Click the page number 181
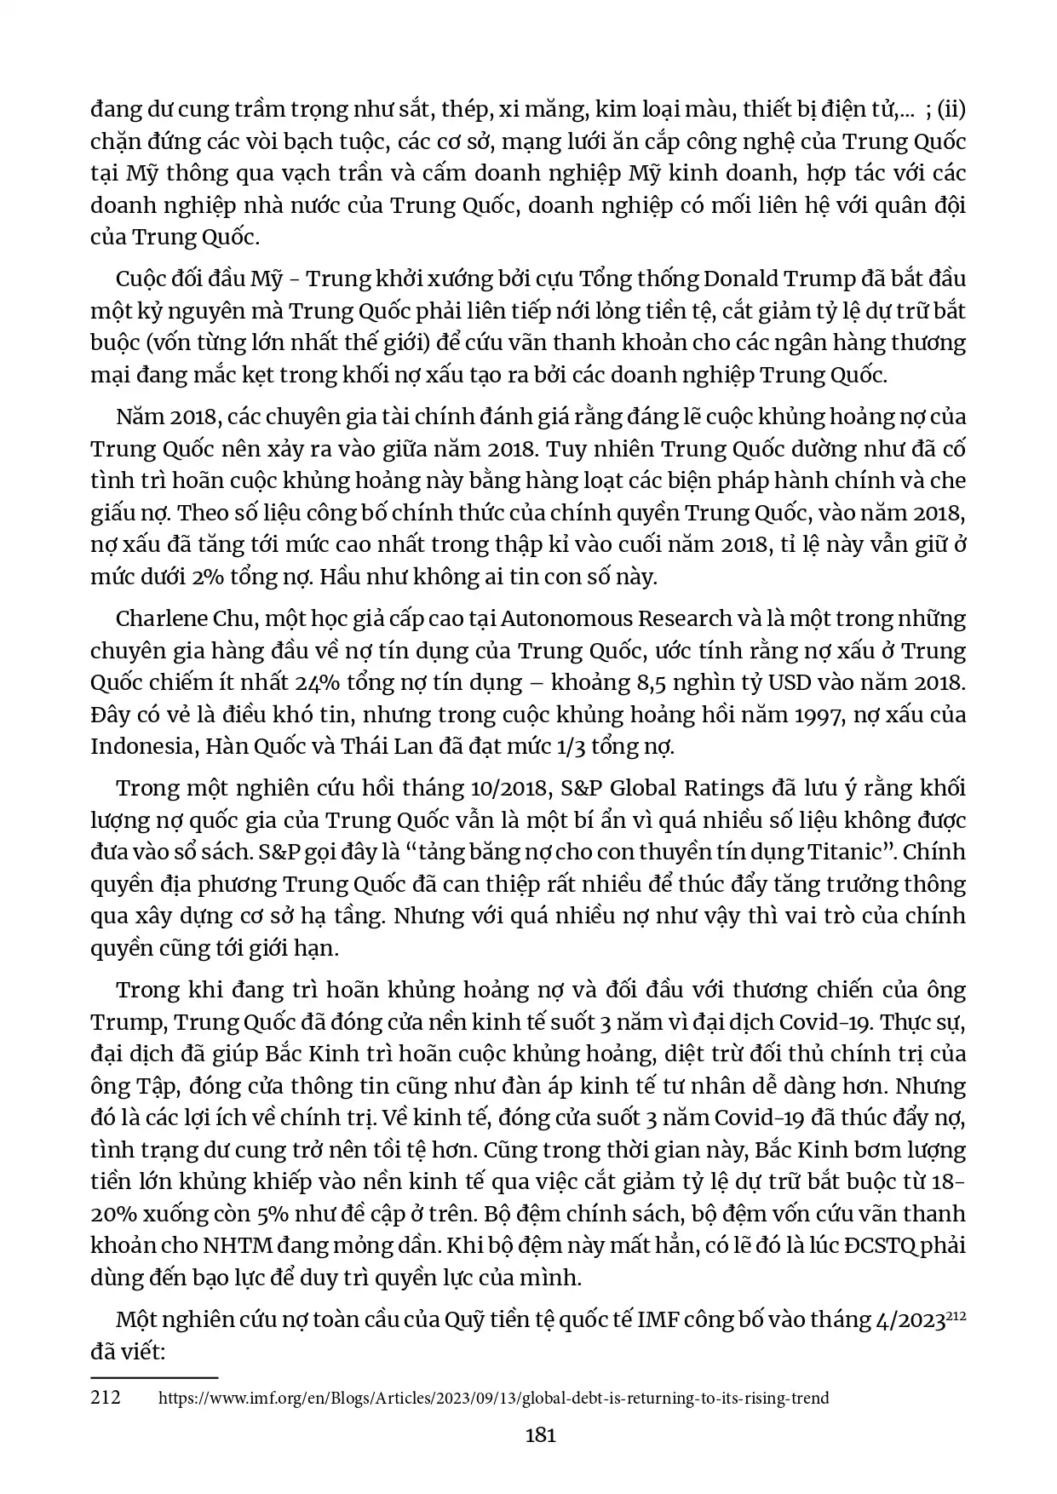tap(541, 1434)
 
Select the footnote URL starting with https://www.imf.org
tap(494, 1398)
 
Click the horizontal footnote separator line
tap(154, 1376)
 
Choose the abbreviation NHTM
tap(238, 1245)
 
